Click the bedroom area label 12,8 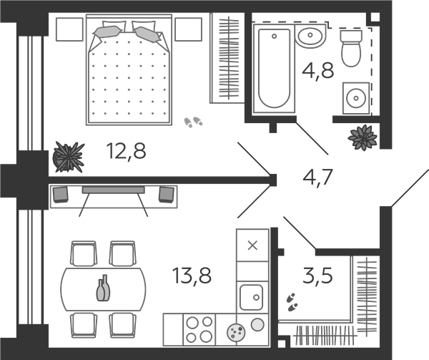coord(126,151)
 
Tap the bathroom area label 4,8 coord(318,71)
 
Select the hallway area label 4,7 coord(317,177)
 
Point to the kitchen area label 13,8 coord(192,276)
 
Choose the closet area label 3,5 coord(317,275)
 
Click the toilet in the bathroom coord(351,48)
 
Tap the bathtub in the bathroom coord(274,68)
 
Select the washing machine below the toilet coord(356,98)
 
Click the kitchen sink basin coord(251,297)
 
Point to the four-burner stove coord(199,330)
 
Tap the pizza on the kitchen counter coord(236,332)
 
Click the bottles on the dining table coord(103,288)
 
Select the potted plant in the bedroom coord(69,157)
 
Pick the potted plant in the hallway coord(363,137)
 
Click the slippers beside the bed coord(193,122)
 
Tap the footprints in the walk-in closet coord(292,302)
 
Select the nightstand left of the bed coord(69,29)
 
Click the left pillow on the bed coord(107,31)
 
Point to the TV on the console coord(114,190)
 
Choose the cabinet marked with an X coord(252,245)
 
